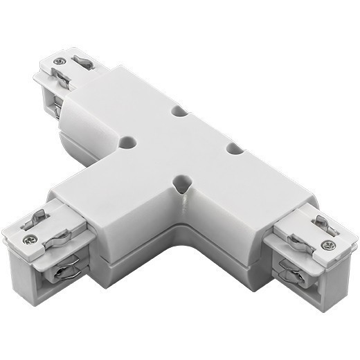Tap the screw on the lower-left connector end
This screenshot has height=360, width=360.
coord(30,240)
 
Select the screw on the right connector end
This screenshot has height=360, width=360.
coord(329,244)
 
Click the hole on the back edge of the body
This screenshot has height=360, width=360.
coord(180,110)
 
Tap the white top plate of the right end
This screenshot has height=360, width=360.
coord(315,235)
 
